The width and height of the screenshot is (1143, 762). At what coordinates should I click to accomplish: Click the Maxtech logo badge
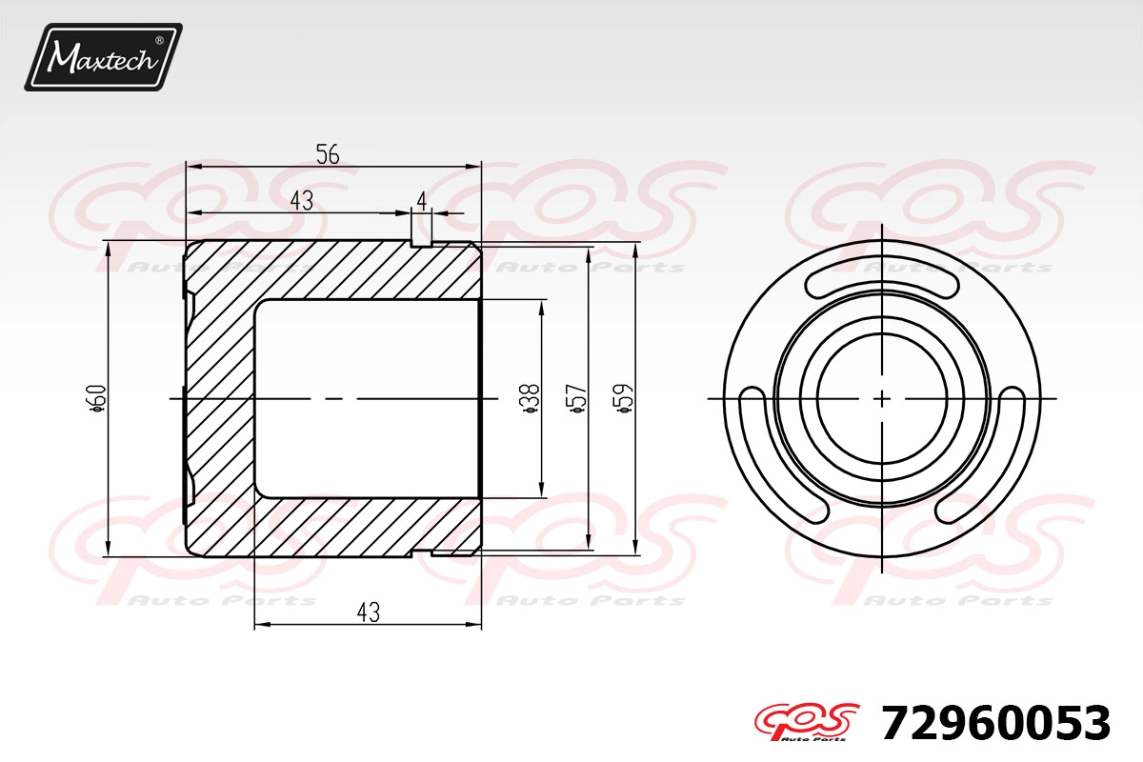(104, 57)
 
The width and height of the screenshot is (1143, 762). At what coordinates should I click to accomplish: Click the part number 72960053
(995, 724)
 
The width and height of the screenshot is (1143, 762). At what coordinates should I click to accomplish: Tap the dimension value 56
(328, 153)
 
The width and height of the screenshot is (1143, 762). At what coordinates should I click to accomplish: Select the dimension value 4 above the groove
(421, 202)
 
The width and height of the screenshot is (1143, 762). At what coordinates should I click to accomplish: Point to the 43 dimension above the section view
(302, 201)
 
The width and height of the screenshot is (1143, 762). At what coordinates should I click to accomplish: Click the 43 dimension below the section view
(369, 612)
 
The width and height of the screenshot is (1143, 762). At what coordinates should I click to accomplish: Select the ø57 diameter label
(575, 398)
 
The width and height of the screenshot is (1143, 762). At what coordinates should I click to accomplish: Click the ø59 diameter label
(623, 398)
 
